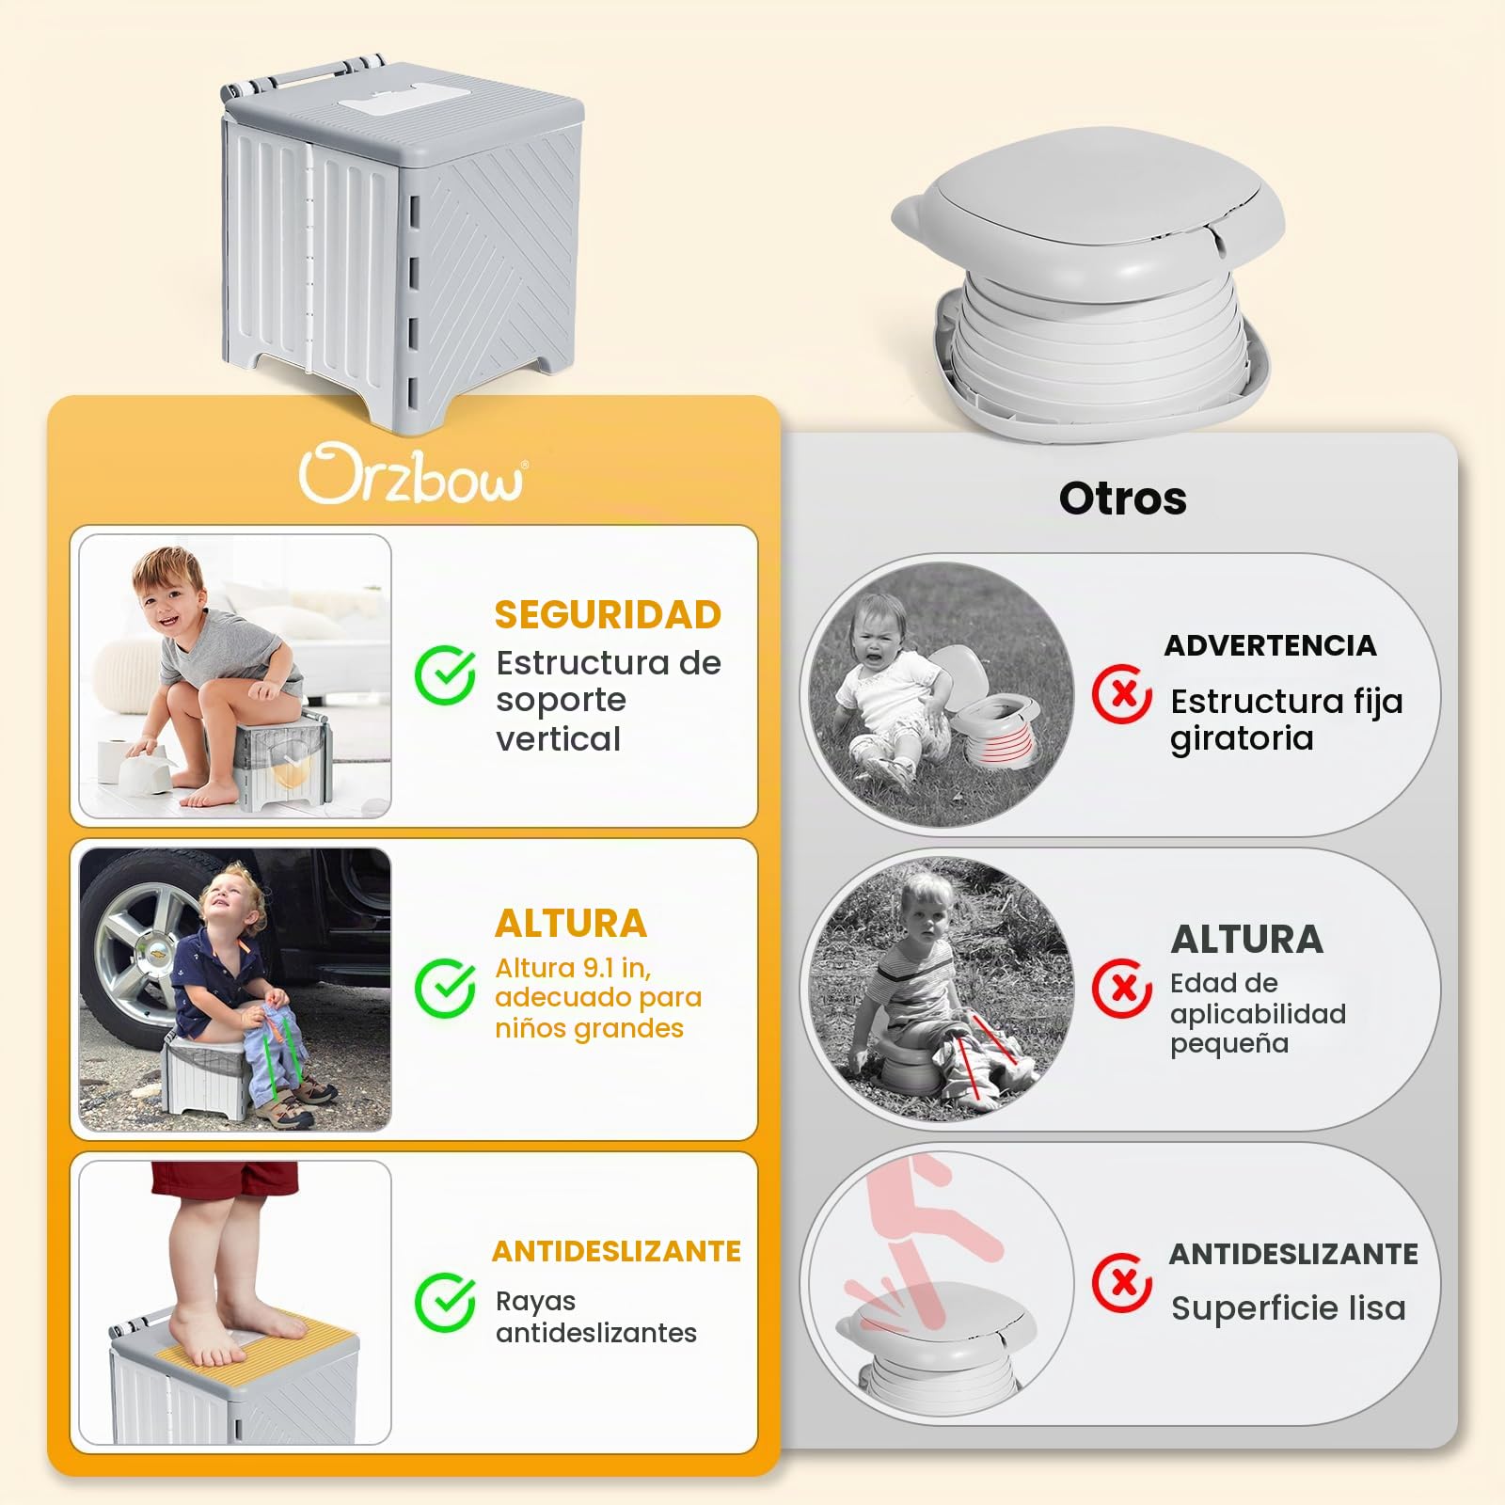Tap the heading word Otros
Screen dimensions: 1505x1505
click(1122, 499)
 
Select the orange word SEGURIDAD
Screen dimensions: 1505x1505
click(608, 615)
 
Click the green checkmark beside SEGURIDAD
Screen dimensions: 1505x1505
click(445, 674)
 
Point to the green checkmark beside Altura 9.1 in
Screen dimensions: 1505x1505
click(445, 988)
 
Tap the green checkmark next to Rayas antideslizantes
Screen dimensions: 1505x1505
click(445, 1302)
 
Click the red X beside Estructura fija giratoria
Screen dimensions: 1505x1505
click(1121, 694)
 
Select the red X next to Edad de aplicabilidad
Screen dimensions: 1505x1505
click(1121, 988)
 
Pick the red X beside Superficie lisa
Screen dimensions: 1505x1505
click(1121, 1282)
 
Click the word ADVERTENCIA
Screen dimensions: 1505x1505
click(1270, 645)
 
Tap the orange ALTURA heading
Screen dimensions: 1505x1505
click(571, 924)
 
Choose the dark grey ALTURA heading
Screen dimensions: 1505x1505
click(1246, 940)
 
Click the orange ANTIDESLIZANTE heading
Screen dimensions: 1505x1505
click(616, 1251)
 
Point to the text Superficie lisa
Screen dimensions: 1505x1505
click(1288, 1308)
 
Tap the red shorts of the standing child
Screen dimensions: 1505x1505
click(224, 1179)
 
